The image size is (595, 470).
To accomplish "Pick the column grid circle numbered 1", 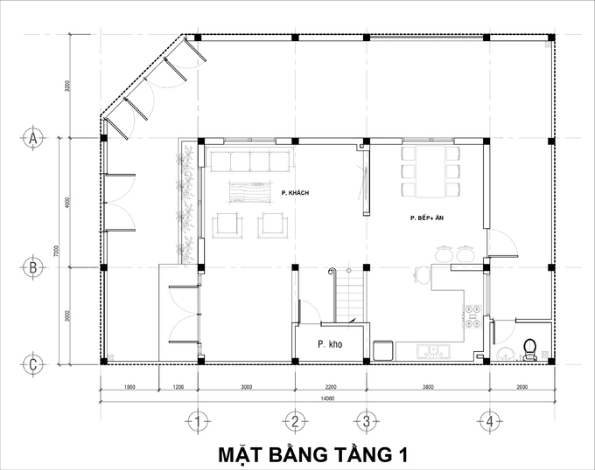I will point(199,423).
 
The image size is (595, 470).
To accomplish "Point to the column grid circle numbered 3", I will point(367,423).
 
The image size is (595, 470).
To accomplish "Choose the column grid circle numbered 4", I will point(491,423).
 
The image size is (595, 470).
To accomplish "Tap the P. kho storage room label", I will point(330,344).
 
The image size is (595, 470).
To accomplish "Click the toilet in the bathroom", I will point(528,349).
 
